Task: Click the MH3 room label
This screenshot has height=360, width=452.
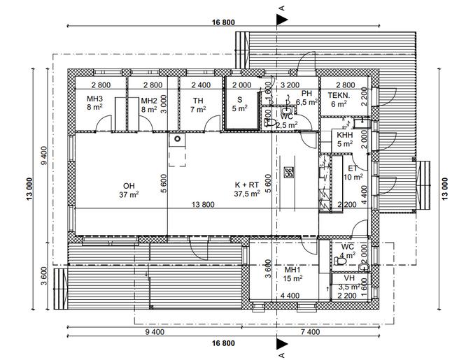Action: tap(95, 99)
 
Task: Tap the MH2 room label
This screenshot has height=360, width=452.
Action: tap(148, 99)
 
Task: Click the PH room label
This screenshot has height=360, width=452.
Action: tap(306, 93)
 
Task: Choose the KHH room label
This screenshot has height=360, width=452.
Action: tap(344, 135)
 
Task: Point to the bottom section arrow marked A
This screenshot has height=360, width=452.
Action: tap(281, 344)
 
